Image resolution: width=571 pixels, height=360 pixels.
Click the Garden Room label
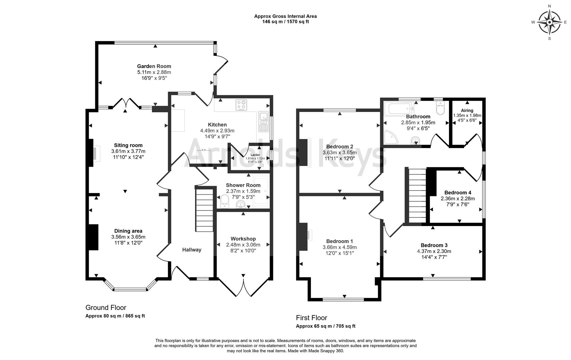coord(154,66)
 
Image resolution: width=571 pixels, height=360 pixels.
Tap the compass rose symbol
coord(549,22)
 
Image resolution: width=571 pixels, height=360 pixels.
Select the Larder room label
coord(255,155)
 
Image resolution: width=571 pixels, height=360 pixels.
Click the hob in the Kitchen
coord(241,105)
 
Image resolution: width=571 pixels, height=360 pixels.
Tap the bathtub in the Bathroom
coord(399,109)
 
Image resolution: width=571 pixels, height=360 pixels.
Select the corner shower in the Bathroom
coord(390,137)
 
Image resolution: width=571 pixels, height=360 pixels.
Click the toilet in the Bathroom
coord(440,108)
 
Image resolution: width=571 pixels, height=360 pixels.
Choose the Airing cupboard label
coord(467,110)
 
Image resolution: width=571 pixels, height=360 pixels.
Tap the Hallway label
coord(192,250)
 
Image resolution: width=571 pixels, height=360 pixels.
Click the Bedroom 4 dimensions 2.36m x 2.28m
coord(458,199)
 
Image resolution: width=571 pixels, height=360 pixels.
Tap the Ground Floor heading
coord(106,307)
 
